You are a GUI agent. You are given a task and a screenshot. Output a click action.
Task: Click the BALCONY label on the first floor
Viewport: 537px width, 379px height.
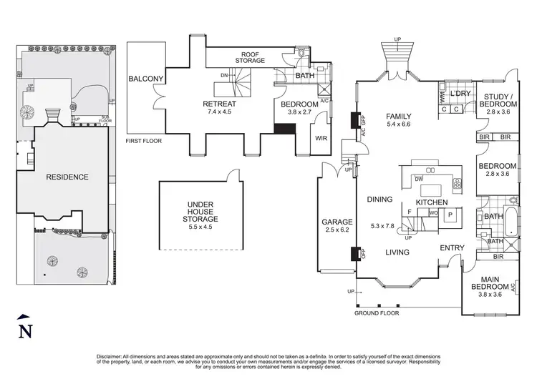click(x=146, y=79)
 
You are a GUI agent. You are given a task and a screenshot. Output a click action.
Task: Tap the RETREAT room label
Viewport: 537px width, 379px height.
click(x=220, y=104)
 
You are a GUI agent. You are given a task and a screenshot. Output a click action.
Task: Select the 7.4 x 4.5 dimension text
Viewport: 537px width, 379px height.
click(x=220, y=112)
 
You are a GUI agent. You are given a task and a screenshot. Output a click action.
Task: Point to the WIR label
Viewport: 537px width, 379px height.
click(x=321, y=138)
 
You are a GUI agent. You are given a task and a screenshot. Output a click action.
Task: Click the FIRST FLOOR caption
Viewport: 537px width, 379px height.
click(x=144, y=141)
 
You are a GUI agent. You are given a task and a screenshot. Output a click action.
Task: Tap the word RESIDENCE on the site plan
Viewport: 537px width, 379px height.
click(x=67, y=177)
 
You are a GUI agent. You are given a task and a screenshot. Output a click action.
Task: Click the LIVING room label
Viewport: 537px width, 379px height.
click(x=397, y=252)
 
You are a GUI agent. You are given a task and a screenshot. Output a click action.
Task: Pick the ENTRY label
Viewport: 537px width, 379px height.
click(x=453, y=248)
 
